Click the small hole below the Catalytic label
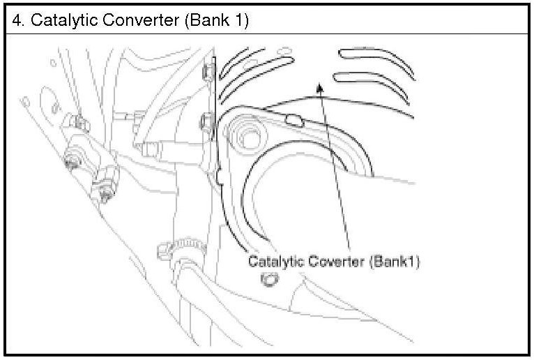268,280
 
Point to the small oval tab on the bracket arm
293,121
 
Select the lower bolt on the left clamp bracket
105,190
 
